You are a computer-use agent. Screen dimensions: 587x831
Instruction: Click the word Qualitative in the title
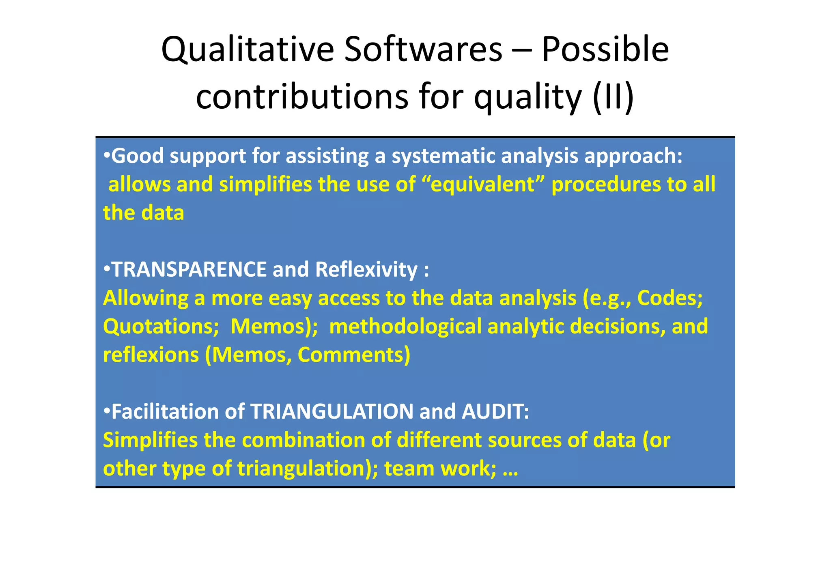coord(248,49)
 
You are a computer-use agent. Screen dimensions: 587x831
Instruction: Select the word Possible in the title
coord(605,49)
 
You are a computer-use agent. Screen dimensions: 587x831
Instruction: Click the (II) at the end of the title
coord(613,97)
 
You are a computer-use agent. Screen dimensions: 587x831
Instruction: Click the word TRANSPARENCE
coord(189,270)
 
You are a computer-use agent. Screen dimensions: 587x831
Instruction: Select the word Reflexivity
coord(366,270)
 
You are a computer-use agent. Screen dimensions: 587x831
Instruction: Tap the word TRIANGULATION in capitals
coord(332,412)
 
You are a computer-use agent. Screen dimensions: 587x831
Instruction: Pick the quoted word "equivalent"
coord(483,185)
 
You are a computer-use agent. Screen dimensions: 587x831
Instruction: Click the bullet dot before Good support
coord(107,155)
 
